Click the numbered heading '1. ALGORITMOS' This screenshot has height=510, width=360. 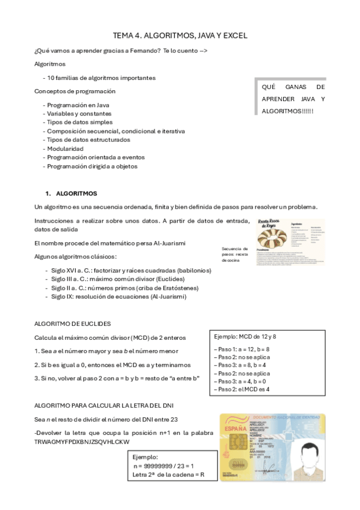click(x=71, y=194)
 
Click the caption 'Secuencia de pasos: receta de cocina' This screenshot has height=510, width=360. click(x=234, y=254)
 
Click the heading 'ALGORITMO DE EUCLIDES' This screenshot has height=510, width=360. click(x=72, y=324)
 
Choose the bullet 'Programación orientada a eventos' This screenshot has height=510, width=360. click(x=96, y=158)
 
